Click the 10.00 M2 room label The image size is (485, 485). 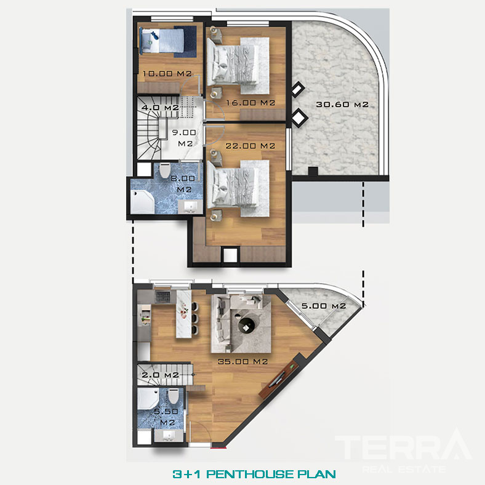pyautogui.click(x=167, y=74)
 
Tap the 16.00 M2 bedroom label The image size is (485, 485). pyautogui.click(x=251, y=103)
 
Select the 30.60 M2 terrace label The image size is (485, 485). pyautogui.click(x=342, y=105)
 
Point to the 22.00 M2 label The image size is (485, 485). pyautogui.click(x=251, y=146)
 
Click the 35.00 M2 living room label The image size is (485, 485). pyautogui.click(x=243, y=361)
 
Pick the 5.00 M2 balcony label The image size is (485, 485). pyautogui.click(x=324, y=306)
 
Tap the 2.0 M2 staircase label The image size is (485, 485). pyautogui.click(x=160, y=375)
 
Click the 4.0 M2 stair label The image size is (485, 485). pyautogui.click(x=160, y=108)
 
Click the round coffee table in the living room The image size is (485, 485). pyautogui.click(x=247, y=325)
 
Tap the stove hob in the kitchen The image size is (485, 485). pyautogui.click(x=163, y=297)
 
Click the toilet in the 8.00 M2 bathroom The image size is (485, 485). pyautogui.click(x=165, y=170)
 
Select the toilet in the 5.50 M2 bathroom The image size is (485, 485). pyautogui.click(x=173, y=396)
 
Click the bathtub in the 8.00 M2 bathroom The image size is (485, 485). pyautogui.click(x=142, y=202)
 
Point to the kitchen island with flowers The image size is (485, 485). pyautogui.click(x=184, y=314)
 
